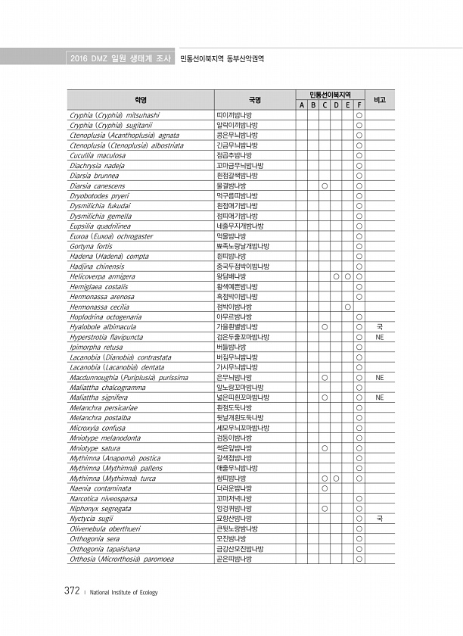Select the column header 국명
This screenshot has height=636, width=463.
254,99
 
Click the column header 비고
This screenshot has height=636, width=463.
381,99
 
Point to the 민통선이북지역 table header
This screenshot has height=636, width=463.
331,94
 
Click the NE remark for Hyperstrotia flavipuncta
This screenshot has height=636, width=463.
380,337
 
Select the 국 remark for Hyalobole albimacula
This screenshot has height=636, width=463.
380,327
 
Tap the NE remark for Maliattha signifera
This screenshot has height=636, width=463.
380,397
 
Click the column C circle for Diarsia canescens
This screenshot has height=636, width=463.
324,185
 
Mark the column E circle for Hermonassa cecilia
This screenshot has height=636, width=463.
347,307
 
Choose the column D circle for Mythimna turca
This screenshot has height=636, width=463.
335,479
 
